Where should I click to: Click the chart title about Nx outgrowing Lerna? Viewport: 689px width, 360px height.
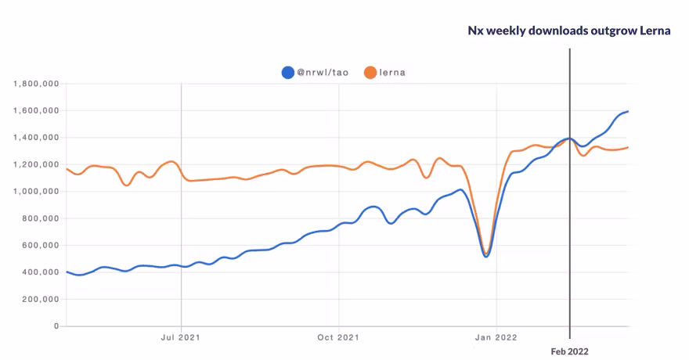(x=569, y=30)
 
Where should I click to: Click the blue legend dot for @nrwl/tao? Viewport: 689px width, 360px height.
(x=287, y=73)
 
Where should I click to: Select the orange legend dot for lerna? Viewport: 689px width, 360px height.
(x=371, y=73)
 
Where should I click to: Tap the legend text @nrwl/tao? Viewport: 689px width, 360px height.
(x=323, y=73)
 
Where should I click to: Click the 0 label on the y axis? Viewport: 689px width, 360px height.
(x=56, y=326)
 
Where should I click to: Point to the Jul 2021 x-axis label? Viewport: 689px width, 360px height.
(x=181, y=337)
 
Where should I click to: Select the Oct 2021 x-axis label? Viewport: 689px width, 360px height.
(x=338, y=337)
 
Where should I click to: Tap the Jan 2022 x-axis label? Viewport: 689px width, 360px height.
(x=496, y=337)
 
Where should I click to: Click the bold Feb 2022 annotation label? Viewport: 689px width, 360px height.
(x=569, y=352)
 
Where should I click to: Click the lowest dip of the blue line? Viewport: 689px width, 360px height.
(x=486, y=256)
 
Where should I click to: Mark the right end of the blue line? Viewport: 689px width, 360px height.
(x=628, y=111)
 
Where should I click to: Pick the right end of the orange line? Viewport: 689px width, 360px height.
(x=628, y=147)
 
